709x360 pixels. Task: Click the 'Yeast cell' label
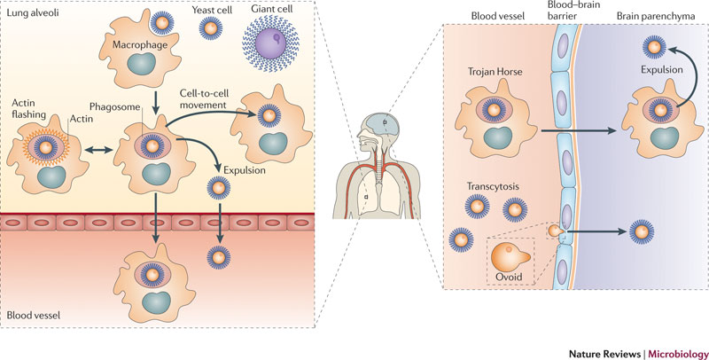click(x=213, y=11)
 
